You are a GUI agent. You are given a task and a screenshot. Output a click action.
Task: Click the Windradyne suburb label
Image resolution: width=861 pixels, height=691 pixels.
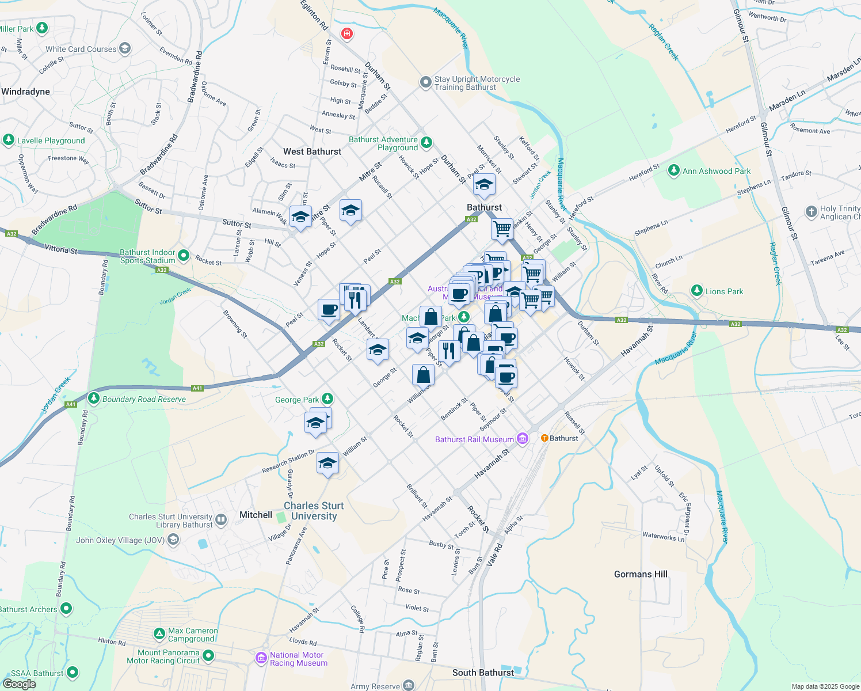[x=25, y=92]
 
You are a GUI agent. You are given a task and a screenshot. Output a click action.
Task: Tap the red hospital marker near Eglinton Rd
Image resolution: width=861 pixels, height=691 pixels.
[x=347, y=34]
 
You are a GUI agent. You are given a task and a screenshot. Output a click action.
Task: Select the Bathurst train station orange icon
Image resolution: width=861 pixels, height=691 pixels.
[x=544, y=438]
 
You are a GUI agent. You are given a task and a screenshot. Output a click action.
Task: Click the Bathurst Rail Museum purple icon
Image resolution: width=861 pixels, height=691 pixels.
[x=523, y=439]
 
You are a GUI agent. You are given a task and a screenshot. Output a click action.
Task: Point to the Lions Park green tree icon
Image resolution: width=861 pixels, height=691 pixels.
[x=697, y=291]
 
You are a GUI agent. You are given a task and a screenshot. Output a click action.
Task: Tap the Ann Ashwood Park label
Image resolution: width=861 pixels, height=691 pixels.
[x=716, y=171]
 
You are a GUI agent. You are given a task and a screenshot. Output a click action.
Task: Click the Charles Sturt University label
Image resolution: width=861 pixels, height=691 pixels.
[x=314, y=511]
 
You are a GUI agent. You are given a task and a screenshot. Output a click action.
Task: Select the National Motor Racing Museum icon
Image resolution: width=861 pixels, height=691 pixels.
[x=261, y=658]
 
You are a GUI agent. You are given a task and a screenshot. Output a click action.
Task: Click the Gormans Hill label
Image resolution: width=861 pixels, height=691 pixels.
[x=641, y=574]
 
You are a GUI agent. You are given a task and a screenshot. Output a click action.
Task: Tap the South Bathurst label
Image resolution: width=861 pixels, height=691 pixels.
[x=483, y=673]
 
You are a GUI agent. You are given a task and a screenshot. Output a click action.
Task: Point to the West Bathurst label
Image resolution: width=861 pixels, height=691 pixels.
[x=312, y=151]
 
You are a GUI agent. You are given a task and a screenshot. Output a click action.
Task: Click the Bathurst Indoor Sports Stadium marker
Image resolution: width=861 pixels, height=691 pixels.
[x=184, y=255]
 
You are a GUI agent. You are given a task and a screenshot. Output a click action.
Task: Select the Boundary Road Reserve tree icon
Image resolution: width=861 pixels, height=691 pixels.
[x=93, y=398]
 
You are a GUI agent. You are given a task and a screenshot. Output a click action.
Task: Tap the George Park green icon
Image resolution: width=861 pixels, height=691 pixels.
[x=327, y=398]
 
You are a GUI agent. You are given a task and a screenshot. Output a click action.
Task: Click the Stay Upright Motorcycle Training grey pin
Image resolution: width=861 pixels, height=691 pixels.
[x=425, y=82]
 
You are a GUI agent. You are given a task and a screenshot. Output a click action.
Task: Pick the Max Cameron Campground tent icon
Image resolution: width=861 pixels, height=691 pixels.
[x=159, y=634]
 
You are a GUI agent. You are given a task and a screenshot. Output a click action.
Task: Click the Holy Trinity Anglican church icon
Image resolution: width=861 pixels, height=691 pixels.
[x=811, y=212]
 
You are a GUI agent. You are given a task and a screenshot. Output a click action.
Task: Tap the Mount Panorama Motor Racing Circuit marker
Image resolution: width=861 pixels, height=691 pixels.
[x=208, y=656]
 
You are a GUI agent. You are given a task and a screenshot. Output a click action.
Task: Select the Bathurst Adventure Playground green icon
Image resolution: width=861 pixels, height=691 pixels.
[x=426, y=142]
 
